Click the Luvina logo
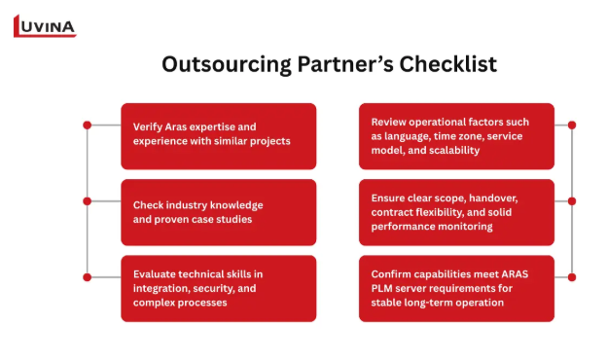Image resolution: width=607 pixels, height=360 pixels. click(x=45, y=26)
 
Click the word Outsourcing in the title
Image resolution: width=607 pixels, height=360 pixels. click(x=227, y=64)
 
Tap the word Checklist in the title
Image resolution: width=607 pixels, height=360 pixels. click(x=447, y=64)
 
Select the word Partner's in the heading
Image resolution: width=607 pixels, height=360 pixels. click(x=345, y=64)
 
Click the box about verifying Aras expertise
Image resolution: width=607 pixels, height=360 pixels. click(x=219, y=136)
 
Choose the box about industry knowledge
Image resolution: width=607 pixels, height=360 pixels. click(x=219, y=212)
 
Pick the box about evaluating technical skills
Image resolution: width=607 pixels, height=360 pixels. click(x=219, y=288)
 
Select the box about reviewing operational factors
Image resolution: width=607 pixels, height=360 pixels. click(x=456, y=136)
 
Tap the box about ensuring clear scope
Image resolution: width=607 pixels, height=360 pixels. click(x=456, y=212)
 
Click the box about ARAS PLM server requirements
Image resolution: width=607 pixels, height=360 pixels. click(x=456, y=288)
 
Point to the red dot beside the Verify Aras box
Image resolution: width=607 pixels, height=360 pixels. click(x=88, y=126)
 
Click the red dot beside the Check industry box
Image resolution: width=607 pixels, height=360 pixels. click(x=88, y=201)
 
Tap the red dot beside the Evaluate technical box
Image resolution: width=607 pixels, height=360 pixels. click(x=88, y=277)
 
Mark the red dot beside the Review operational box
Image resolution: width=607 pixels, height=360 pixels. click(x=572, y=126)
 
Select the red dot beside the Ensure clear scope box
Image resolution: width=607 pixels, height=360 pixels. click(x=572, y=201)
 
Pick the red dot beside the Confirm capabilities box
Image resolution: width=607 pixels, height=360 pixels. click(x=572, y=277)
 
